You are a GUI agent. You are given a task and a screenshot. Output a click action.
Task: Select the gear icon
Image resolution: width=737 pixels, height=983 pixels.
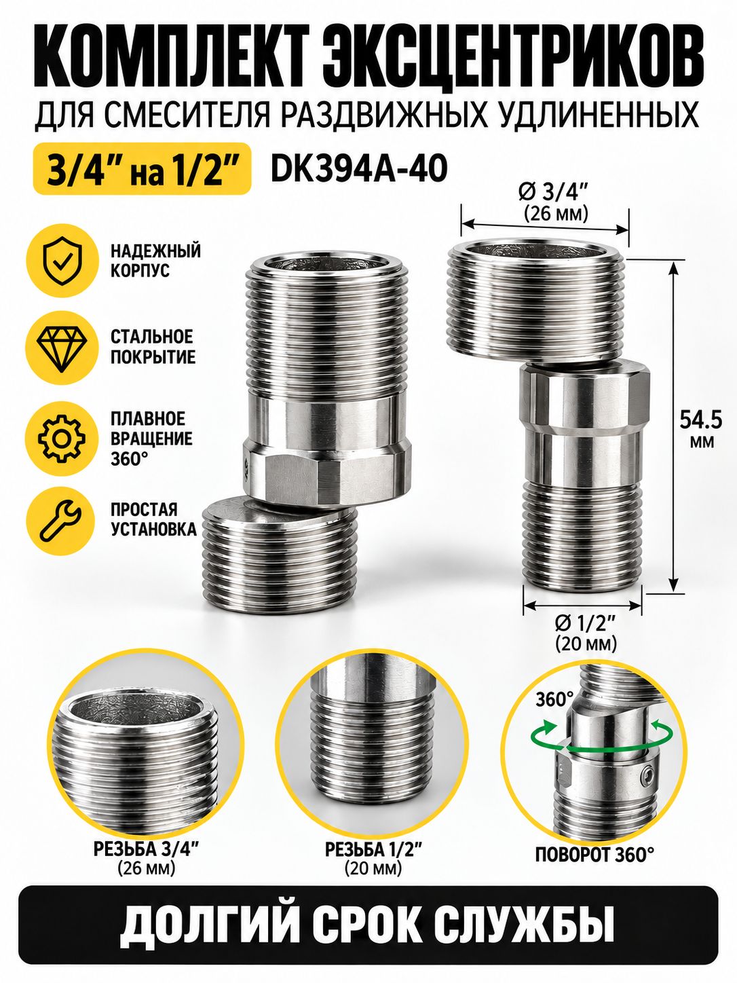[61, 439]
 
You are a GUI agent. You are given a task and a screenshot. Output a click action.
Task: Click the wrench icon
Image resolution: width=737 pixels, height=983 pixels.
[60, 521]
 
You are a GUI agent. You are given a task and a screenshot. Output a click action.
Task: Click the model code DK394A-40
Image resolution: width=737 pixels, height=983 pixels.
[359, 169]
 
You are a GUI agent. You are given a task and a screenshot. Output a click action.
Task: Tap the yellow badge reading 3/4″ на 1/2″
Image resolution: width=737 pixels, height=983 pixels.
[143, 169]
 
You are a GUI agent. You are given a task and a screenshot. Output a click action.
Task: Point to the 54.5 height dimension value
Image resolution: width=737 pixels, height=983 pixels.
[700, 420]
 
